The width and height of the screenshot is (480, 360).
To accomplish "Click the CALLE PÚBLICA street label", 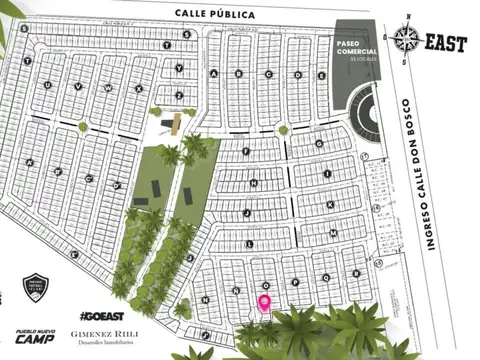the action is coord(214,14).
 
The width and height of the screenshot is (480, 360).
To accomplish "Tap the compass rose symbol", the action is coord(406,40).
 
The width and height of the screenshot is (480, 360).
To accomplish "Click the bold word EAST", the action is coord(446,43).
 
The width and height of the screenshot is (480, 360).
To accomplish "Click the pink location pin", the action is coord(265,302).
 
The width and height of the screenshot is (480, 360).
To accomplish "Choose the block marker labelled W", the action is coord(107,87).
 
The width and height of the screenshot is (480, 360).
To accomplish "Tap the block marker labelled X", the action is coord(138,88).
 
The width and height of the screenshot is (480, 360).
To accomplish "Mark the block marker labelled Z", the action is coord(179,95).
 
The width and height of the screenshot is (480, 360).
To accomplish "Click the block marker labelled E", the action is coord(321,75).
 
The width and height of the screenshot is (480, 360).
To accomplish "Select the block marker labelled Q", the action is coord(326,276).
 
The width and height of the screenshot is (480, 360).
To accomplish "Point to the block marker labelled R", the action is coord(355,270).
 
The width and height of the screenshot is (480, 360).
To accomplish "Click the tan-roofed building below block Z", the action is coord(178,122).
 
